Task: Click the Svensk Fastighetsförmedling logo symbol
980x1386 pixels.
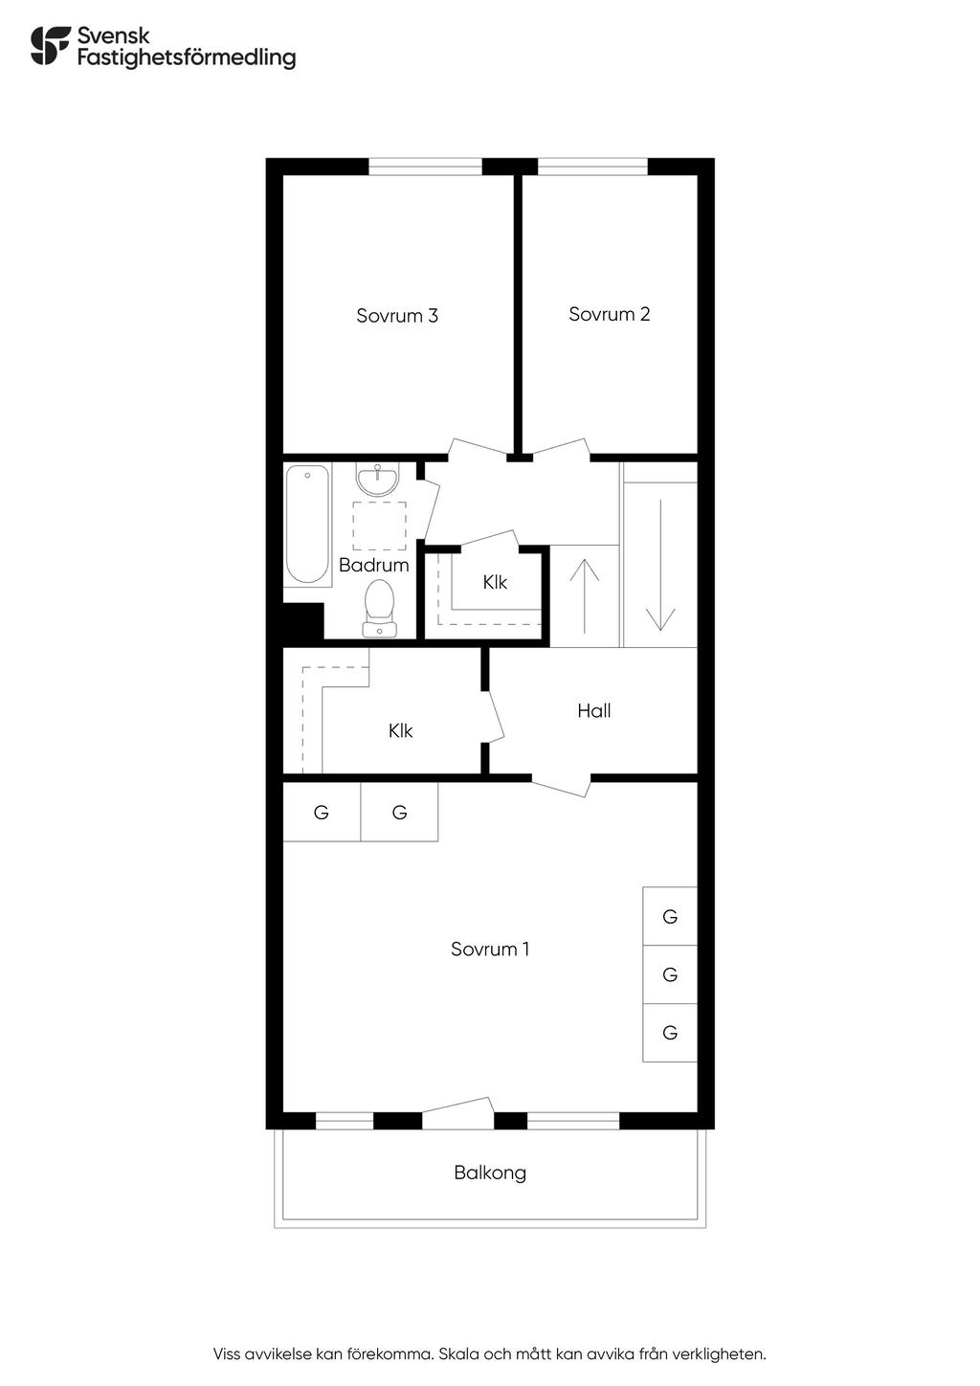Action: (x=51, y=46)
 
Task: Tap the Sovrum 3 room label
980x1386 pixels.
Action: (x=397, y=316)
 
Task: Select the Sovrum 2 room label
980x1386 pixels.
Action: (x=609, y=314)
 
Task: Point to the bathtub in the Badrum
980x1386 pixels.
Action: (x=307, y=524)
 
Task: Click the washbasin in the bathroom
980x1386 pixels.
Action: (x=378, y=479)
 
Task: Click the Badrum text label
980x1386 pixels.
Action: (x=373, y=565)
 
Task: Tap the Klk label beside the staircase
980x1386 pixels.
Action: (x=495, y=582)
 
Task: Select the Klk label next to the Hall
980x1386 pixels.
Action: (x=400, y=730)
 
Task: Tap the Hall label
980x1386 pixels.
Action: (x=593, y=710)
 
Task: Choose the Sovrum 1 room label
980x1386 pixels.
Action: (x=490, y=949)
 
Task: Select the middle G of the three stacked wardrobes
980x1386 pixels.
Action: (x=670, y=974)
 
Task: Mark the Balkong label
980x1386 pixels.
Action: (x=490, y=1173)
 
